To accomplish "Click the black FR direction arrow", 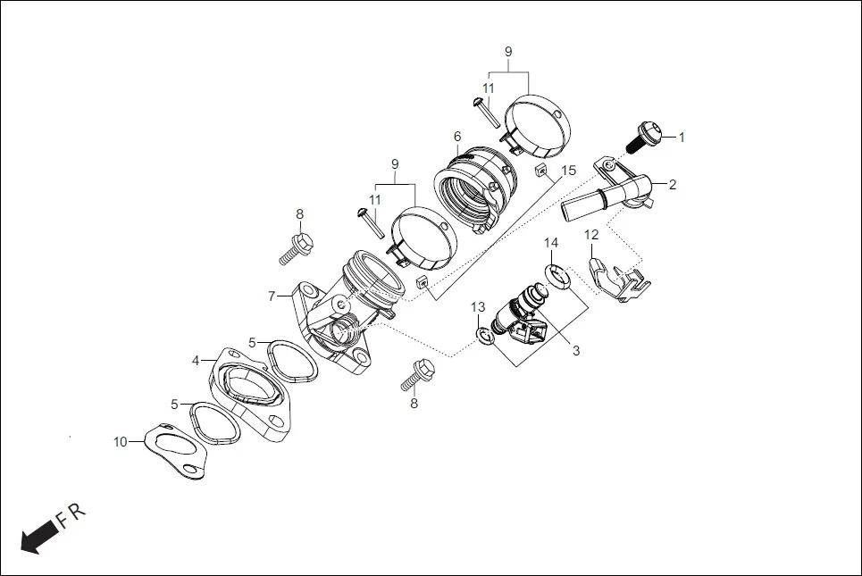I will (x=38, y=538).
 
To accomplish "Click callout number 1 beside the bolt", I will (x=682, y=138).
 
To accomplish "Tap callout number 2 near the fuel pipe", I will (x=672, y=185).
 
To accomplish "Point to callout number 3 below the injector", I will (x=576, y=351).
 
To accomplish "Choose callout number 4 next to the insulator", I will (x=195, y=362).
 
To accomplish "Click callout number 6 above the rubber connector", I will (x=456, y=136).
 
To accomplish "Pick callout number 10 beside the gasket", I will (x=121, y=441).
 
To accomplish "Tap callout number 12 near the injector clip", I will (x=590, y=235).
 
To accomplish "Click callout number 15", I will (x=568, y=171).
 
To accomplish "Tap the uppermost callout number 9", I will (x=508, y=52).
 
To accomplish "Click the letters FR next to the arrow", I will (x=71, y=515).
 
